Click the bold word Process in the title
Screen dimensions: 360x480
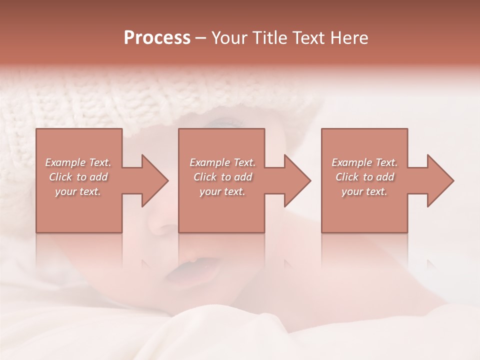tap(157, 38)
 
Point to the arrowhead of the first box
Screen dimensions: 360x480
tap(154, 180)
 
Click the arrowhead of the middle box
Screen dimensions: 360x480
tap(297, 180)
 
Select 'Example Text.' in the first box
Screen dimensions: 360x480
tap(78, 162)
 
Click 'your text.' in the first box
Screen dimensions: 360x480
tap(78, 191)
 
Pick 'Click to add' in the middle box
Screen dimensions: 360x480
tap(222, 177)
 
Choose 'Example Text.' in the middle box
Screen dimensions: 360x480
tap(222, 162)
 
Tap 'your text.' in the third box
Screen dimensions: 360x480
tap(364, 191)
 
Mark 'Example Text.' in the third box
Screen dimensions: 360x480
tap(364, 162)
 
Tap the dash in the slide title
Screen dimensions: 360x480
tap(200, 38)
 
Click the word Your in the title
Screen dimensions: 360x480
tap(228, 38)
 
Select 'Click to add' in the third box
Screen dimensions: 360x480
tap(364, 177)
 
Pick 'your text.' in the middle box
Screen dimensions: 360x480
tap(222, 191)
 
